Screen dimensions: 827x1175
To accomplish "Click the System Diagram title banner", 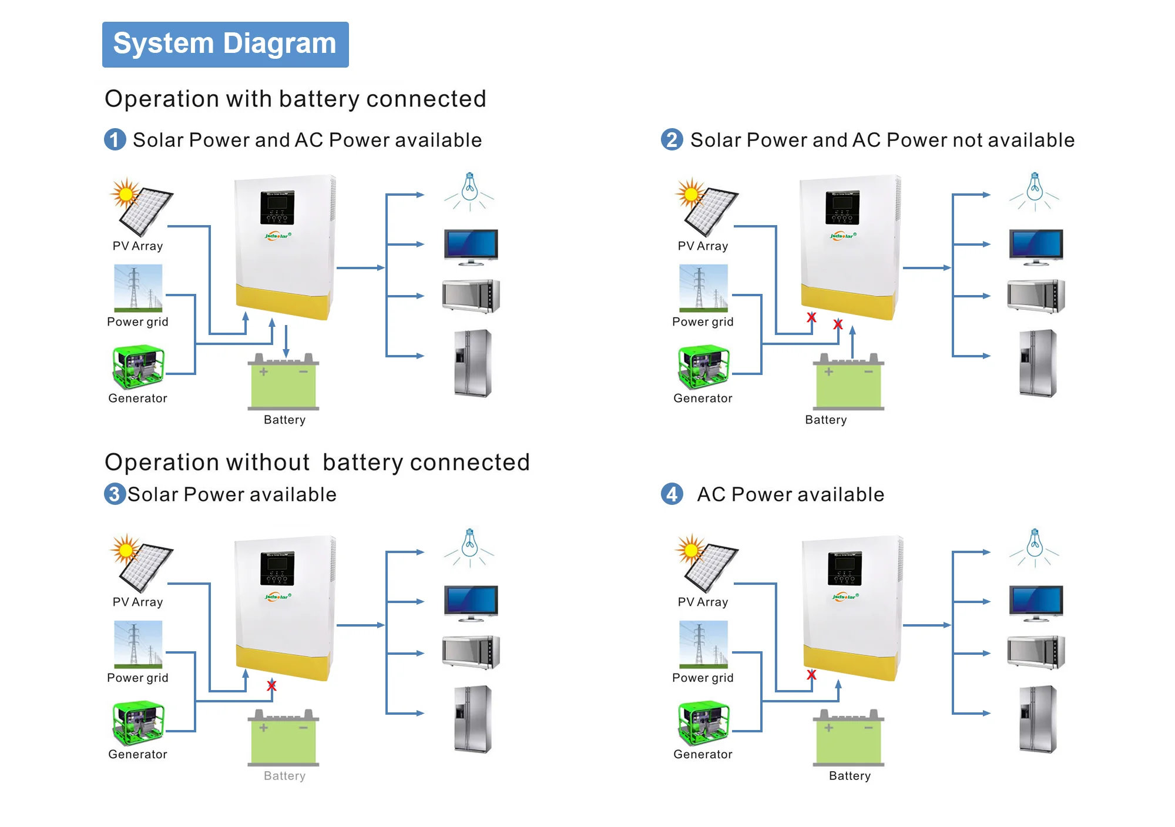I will (225, 45).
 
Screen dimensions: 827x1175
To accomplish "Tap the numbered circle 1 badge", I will (115, 140).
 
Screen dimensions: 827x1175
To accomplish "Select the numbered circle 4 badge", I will (672, 494).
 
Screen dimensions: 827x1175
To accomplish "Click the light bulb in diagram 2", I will (1035, 189).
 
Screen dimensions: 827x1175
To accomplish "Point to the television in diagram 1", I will (471, 246).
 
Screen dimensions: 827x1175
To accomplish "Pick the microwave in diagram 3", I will (471, 652).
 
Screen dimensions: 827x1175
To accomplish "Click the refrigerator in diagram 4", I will (1038, 719).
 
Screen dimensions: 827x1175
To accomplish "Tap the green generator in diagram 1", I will (138, 367).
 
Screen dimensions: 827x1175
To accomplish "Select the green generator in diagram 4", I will (703, 724).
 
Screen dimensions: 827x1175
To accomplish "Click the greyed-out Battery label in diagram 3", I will (284, 776).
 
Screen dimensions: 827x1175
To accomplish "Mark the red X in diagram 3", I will (271, 685).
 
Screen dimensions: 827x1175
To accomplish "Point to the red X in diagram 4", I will (811, 675).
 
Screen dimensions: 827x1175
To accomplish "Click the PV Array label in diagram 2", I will (703, 246).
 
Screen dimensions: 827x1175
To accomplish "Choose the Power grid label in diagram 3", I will (137, 678).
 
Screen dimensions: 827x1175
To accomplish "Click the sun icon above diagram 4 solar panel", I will (690, 550).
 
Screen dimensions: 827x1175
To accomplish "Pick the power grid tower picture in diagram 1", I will (138, 287).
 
